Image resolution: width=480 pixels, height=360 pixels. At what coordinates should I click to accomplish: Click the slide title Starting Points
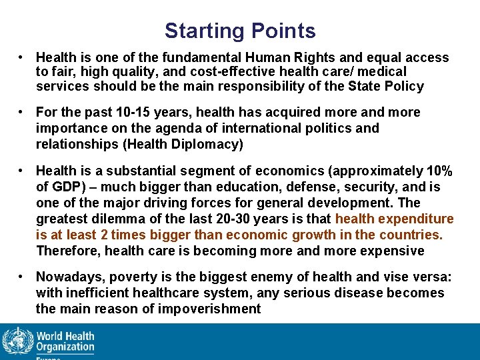pos(240,31)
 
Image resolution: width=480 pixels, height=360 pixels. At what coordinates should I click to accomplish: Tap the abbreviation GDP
pos(65,187)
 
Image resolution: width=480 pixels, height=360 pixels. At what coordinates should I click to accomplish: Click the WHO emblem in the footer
pos(17,341)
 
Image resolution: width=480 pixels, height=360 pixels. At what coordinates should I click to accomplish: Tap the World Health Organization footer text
pos(65,341)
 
